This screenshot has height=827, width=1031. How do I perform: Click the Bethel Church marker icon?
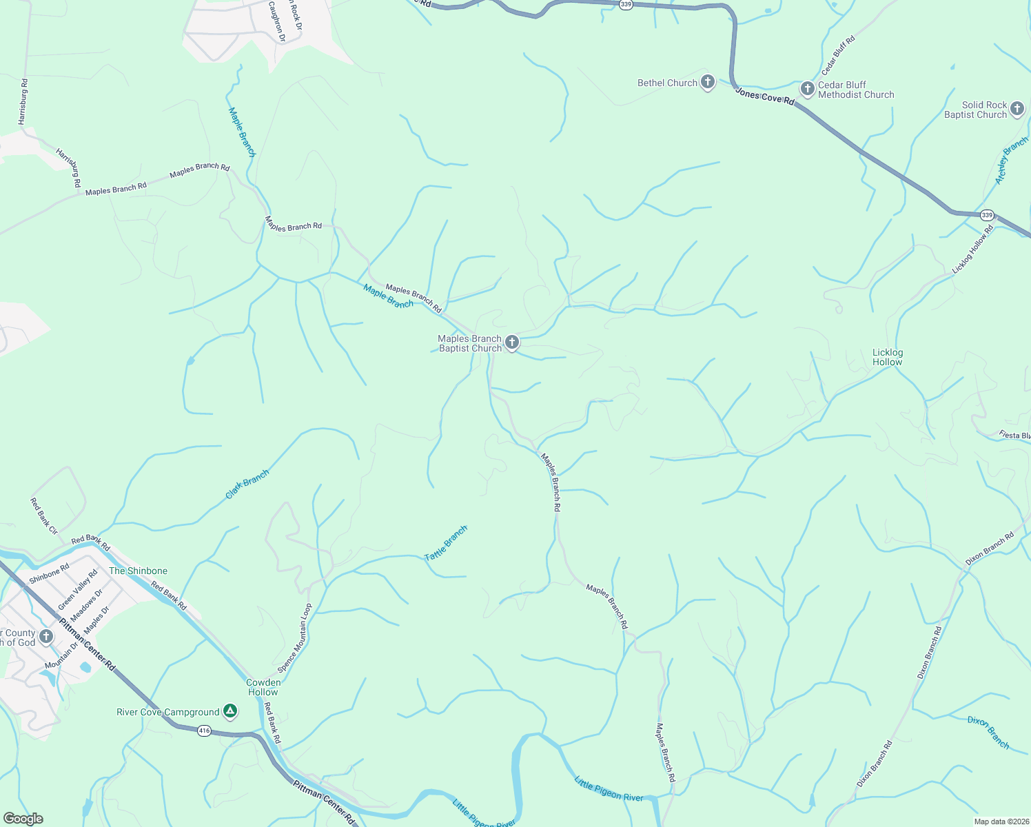pyautogui.click(x=707, y=83)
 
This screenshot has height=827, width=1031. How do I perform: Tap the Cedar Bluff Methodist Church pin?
pyautogui.click(x=807, y=90)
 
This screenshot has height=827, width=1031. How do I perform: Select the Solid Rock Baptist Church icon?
pyautogui.click(x=1017, y=109)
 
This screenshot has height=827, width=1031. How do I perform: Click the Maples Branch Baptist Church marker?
pyautogui.click(x=511, y=343)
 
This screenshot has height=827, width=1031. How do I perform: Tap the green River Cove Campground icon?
pyautogui.click(x=230, y=711)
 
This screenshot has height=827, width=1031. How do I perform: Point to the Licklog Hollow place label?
pyautogui.click(x=887, y=357)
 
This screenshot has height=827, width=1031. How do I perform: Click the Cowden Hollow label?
pyautogui.click(x=263, y=687)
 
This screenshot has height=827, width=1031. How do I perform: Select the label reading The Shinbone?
pyautogui.click(x=138, y=571)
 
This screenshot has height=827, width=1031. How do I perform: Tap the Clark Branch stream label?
pyautogui.click(x=247, y=484)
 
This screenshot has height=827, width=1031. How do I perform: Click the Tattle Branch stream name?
pyautogui.click(x=446, y=542)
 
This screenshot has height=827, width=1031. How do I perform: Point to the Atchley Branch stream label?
pyautogui.click(x=1011, y=161)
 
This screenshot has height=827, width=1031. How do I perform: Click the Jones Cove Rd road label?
pyautogui.click(x=764, y=96)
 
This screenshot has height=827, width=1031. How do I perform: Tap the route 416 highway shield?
pyautogui.click(x=204, y=731)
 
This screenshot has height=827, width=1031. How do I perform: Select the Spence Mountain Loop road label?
pyautogui.click(x=294, y=638)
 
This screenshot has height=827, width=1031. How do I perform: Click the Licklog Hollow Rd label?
pyautogui.click(x=972, y=249)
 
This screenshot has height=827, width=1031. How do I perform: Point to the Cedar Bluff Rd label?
pyautogui.click(x=838, y=56)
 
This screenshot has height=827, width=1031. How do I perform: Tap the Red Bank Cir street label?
pyautogui.click(x=44, y=516)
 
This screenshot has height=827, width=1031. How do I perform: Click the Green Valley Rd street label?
pyautogui.click(x=78, y=589)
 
